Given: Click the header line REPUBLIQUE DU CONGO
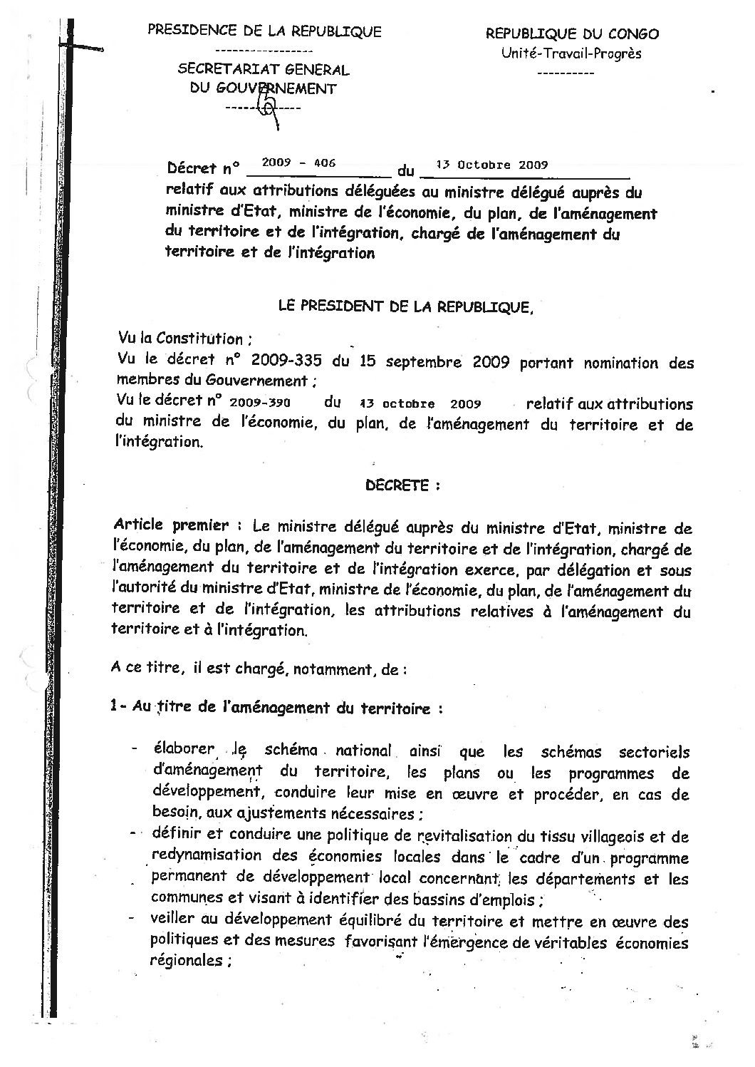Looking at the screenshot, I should [x=572, y=33].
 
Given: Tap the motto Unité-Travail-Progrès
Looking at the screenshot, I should [x=571, y=53].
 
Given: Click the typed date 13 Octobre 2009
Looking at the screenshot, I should [x=491, y=164].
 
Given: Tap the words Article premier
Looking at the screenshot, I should [x=171, y=526].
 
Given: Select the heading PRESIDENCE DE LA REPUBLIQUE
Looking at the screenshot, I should [x=264, y=31].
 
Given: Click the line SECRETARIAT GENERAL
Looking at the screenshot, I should [x=264, y=70].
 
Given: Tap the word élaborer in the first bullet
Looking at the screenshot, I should [x=182, y=749].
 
